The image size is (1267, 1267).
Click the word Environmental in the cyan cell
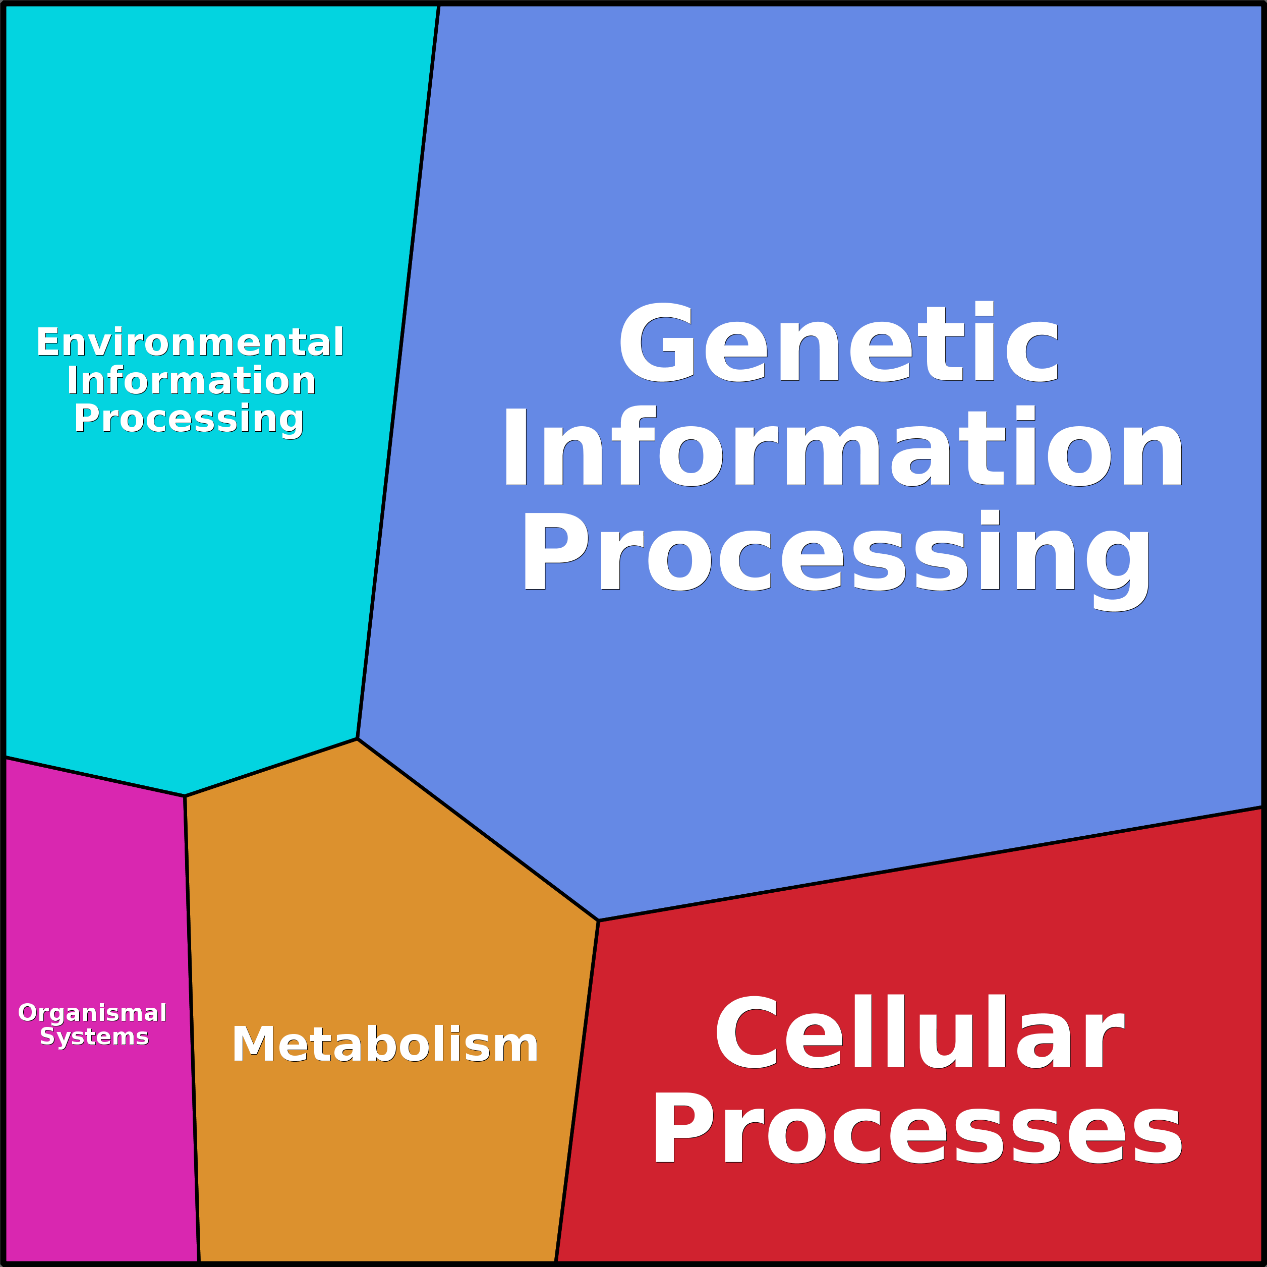[190, 342]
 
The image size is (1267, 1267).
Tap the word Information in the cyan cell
[191, 380]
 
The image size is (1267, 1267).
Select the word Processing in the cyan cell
[189, 420]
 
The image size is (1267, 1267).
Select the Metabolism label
[385, 1044]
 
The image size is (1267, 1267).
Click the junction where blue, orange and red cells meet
[599, 920]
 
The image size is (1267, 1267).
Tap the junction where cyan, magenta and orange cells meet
[185, 796]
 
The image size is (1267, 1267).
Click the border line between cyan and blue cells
[398, 371]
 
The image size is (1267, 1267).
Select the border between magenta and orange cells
[192, 1029]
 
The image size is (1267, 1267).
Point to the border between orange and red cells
[577, 1092]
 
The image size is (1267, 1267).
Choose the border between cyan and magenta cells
[94, 776]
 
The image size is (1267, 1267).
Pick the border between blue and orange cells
[478, 830]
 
